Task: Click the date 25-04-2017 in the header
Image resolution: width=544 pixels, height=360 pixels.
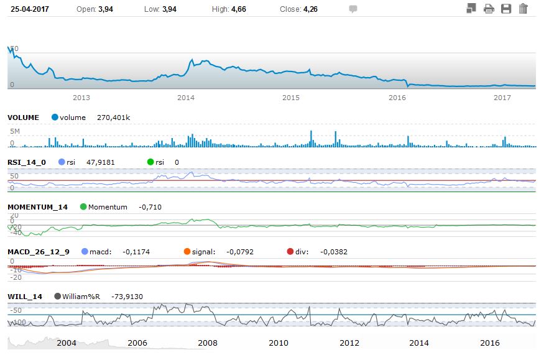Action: coord(29,9)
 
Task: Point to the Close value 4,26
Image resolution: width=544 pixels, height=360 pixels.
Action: coord(311,9)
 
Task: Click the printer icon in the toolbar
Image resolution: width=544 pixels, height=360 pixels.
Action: coord(489,9)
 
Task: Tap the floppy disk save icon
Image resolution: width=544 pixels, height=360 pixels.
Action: coord(506,9)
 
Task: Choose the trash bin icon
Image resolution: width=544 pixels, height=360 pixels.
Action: coord(523,9)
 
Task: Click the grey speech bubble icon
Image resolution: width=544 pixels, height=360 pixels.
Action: coord(353,9)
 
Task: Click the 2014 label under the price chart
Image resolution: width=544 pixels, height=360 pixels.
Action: coord(186,98)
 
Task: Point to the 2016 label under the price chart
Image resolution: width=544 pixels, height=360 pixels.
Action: coord(397,98)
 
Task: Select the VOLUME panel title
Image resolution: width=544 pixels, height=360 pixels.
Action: coord(23,118)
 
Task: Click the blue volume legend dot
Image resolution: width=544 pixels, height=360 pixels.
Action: coord(55,118)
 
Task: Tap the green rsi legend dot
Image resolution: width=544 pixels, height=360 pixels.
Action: coord(150,162)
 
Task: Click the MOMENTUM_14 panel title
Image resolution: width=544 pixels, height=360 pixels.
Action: coord(37,207)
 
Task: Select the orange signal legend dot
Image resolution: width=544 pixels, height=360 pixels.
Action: coord(187,252)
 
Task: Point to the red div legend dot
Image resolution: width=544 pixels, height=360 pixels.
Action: coord(290,252)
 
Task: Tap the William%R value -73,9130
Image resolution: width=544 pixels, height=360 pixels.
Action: coord(127,297)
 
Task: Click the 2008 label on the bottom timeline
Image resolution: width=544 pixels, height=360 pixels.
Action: coord(208,343)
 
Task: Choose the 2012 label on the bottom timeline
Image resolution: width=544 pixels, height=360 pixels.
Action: coord(349,343)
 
